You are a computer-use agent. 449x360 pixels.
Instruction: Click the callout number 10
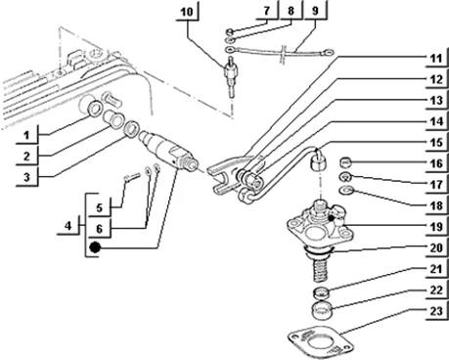(x=187, y=13)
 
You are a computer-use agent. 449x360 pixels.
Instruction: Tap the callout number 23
(x=436, y=311)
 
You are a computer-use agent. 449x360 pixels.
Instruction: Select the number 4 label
(x=67, y=226)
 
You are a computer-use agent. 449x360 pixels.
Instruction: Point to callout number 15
(x=436, y=143)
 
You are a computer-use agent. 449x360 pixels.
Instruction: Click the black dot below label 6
(x=95, y=247)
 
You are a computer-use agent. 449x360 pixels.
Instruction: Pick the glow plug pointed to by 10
(x=231, y=76)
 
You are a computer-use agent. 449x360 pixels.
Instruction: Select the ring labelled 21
(x=322, y=292)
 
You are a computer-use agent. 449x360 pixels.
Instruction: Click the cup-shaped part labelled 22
(x=322, y=311)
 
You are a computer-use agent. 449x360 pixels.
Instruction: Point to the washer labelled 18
(x=346, y=190)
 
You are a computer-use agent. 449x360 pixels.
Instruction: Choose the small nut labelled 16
(x=345, y=161)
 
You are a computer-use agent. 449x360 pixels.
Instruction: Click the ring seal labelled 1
(x=95, y=109)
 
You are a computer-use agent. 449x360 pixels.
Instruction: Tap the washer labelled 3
(x=131, y=129)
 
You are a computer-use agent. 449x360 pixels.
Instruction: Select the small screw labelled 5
(x=132, y=176)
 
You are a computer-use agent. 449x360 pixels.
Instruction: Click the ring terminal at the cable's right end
(x=327, y=51)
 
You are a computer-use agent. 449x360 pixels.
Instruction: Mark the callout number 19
(x=436, y=227)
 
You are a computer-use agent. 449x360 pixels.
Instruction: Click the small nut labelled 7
(x=230, y=31)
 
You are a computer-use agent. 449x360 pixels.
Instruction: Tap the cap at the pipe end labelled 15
(x=319, y=162)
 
